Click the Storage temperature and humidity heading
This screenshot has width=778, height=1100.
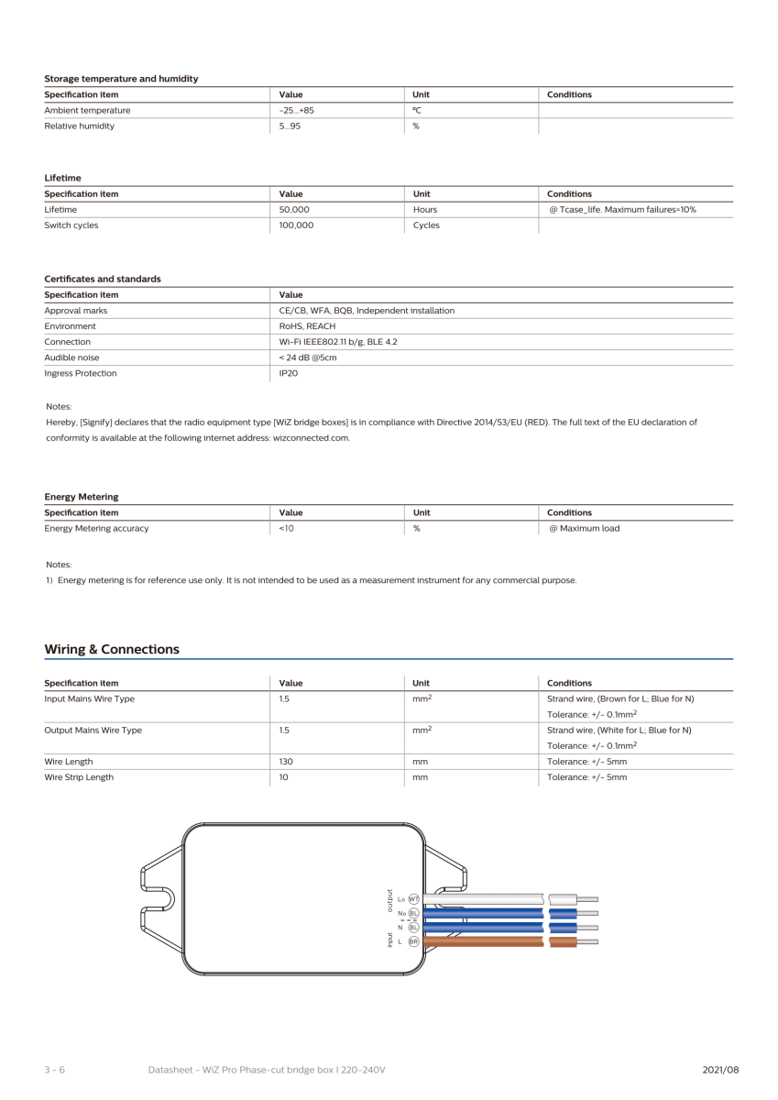121,79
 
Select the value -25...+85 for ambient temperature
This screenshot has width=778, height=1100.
296,110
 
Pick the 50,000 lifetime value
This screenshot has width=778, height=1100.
294,209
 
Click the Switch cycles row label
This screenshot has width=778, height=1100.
71,225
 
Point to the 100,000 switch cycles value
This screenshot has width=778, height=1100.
296,225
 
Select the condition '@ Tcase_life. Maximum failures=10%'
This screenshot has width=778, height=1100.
621,209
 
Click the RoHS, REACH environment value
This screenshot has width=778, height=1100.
307,325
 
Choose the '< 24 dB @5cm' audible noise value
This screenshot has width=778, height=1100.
309,357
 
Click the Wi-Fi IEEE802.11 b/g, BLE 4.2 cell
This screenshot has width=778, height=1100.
337,342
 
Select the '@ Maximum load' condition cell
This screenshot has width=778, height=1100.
583,528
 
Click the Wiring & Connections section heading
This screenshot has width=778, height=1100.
112,649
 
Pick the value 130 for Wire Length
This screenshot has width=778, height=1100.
285,761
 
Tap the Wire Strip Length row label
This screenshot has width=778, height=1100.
79,776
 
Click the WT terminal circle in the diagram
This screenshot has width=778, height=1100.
413,899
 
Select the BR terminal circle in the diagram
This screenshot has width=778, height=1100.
413,941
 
